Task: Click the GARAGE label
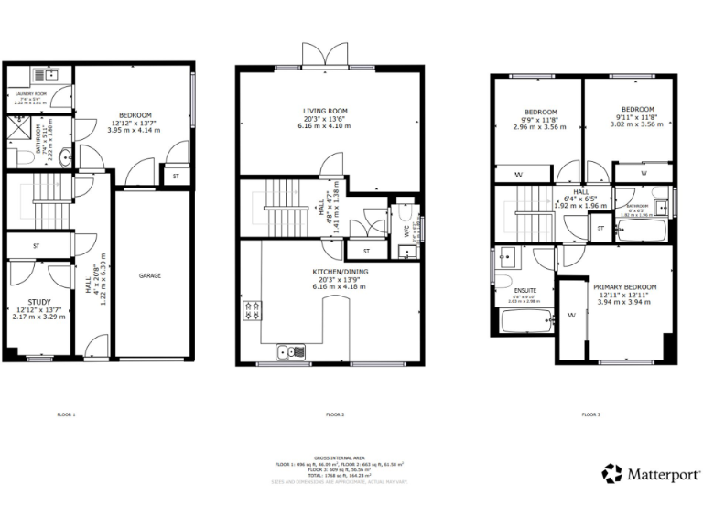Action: pyautogui.click(x=150, y=275)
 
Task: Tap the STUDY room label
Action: pyautogui.click(x=38, y=301)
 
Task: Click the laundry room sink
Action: pyautogui.click(x=50, y=74)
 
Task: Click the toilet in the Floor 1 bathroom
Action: pyautogui.click(x=22, y=159)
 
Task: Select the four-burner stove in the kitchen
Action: pyautogui.click(x=252, y=311)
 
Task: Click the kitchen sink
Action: pyautogui.click(x=291, y=350)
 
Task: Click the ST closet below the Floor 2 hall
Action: pyautogui.click(x=365, y=251)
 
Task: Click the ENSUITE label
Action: pyautogui.click(x=525, y=290)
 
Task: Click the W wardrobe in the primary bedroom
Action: pyautogui.click(x=570, y=317)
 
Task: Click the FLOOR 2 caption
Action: pyautogui.click(x=335, y=414)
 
